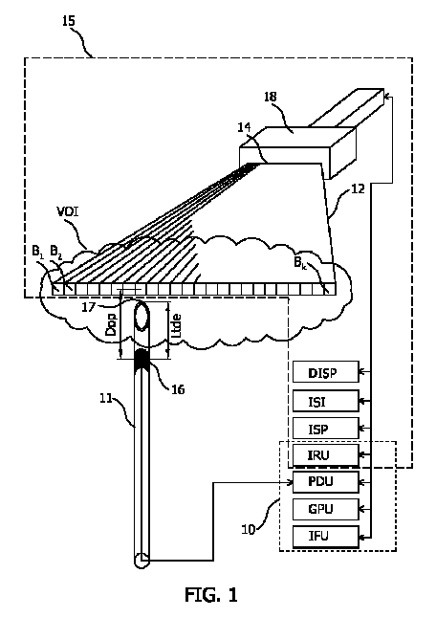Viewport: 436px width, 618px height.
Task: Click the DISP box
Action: click(x=326, y=371)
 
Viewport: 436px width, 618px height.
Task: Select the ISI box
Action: click(x=326, y=401)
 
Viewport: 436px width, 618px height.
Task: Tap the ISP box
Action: click(x=326, y=428)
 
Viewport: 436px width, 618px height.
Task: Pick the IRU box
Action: click(x=326, y=455)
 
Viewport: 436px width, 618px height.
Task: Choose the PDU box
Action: click(x=326, y=482)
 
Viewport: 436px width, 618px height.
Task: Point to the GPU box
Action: click(x=326, y=509)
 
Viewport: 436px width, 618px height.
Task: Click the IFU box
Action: click(x=326, y=537)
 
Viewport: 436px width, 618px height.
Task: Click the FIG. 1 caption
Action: click(x=211, y=594)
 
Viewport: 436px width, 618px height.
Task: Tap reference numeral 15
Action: click(x=69, y=20)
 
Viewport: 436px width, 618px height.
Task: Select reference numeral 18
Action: click(x=271, y=97)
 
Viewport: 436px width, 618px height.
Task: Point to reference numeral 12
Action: click(x=358, y=188)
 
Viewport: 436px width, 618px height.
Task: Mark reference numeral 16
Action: click(x=178, y=389)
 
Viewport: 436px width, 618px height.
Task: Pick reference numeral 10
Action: click(x=249, y=529)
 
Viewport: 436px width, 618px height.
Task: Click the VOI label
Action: click(x=68, y=212)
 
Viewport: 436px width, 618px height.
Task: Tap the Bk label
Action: click(x=300, y=262)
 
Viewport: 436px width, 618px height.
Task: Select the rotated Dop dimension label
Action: click(x=112, y=324)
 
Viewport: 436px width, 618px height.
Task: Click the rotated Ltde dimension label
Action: click(x=177, y=325)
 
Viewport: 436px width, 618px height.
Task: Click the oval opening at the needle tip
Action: click(x=142, y=316)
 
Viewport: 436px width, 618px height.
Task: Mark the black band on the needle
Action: click(x=142, y=360)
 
